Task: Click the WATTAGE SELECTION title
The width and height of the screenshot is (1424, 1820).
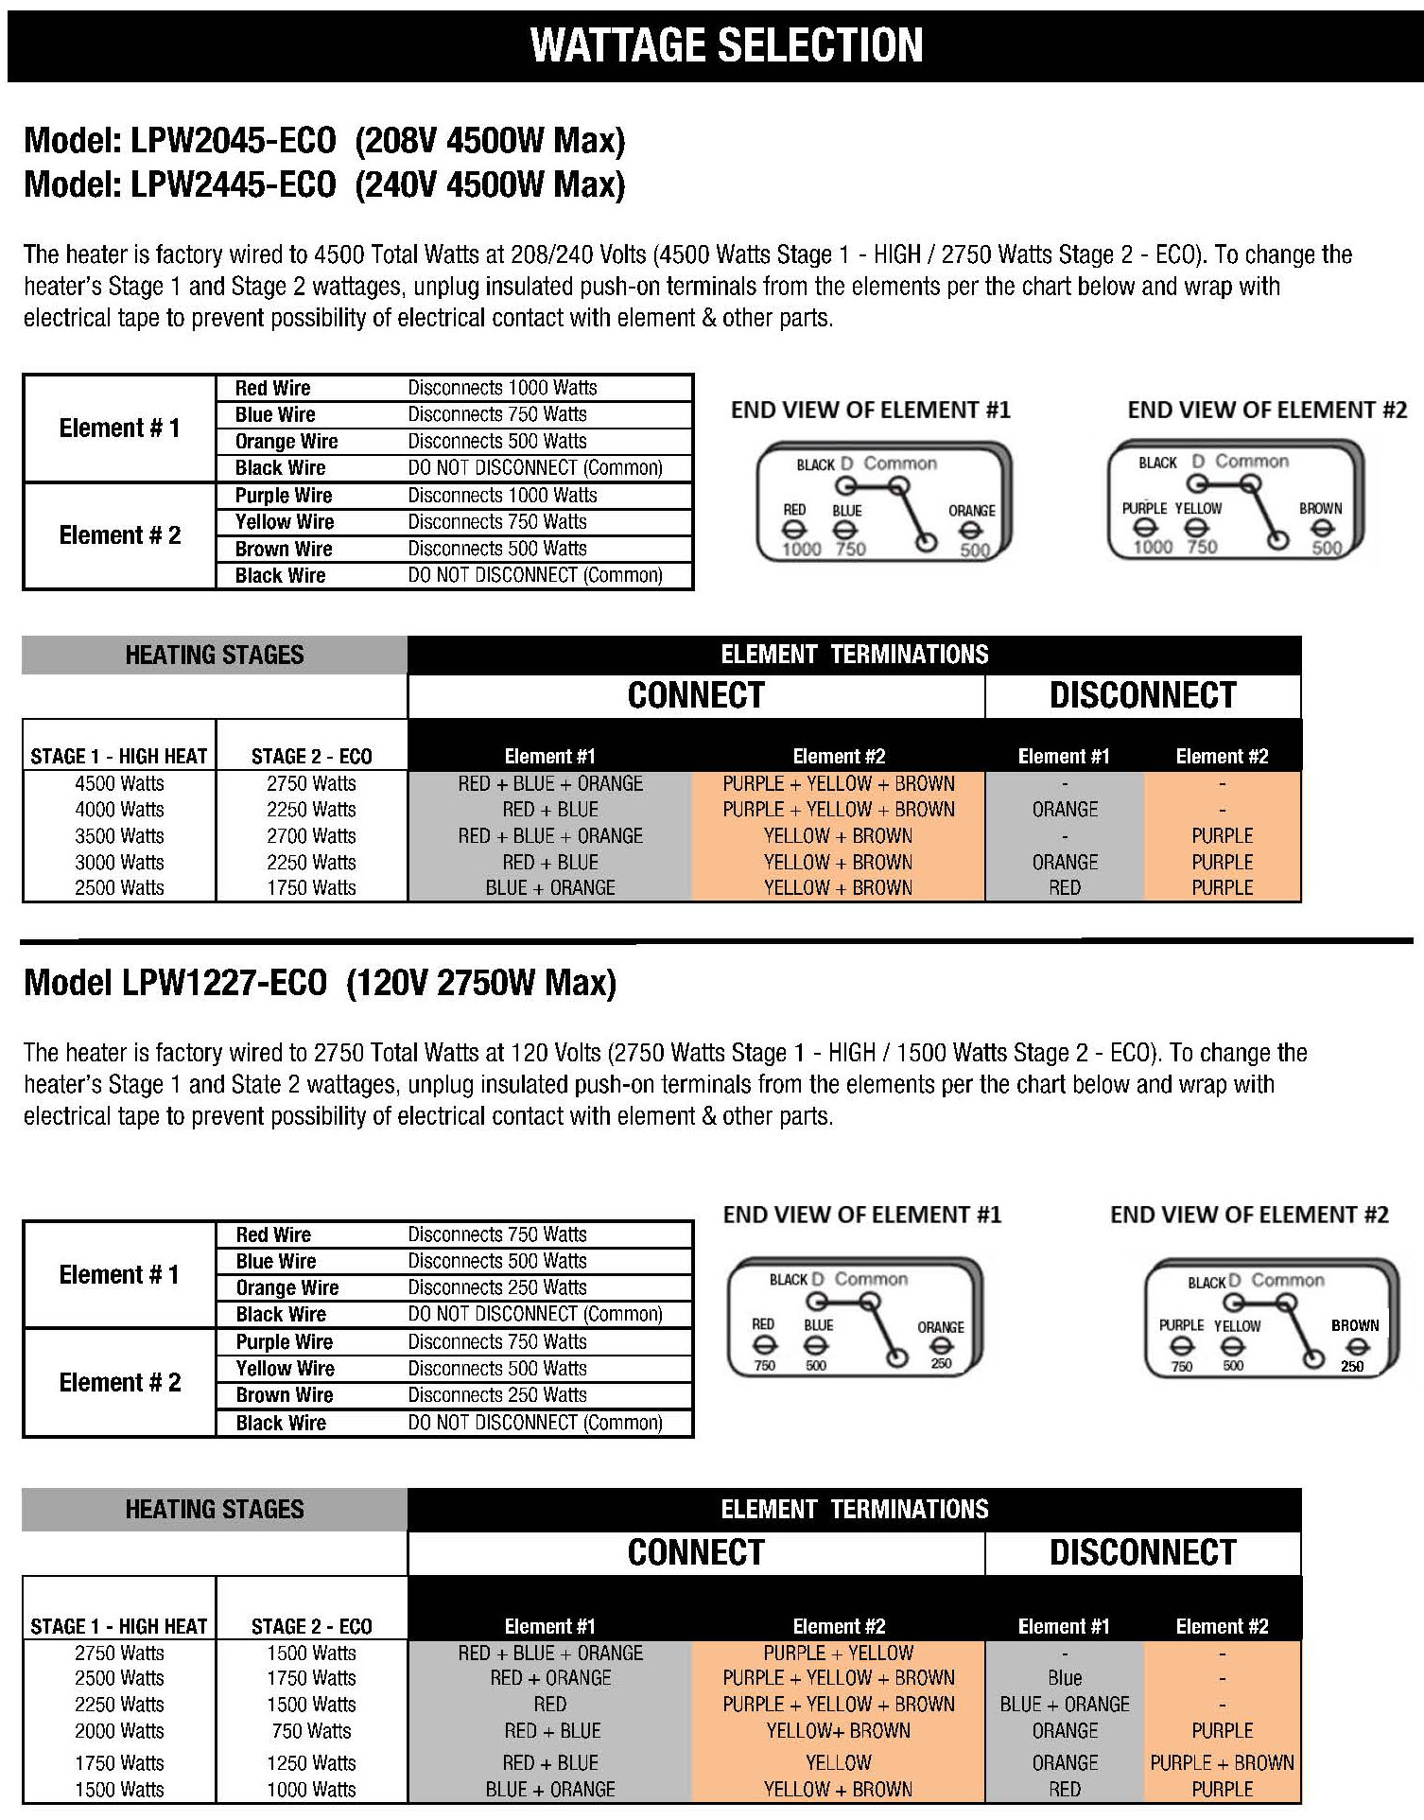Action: (x=726, y=45)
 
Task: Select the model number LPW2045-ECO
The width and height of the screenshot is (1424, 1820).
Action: (x=232, y=141)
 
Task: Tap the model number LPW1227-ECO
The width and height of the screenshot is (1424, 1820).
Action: (x=224, y=982)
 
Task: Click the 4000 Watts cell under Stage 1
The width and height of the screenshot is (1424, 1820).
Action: (x=119, y=810)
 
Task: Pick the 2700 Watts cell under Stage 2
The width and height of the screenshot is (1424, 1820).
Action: (x=311, y=836)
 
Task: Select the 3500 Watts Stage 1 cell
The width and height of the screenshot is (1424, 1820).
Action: (x=119, y=836)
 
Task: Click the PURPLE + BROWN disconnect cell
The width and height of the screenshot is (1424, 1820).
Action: (x=1222, y=1762)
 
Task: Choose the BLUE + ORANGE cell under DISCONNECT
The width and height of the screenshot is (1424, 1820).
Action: (x=1065, y=1704)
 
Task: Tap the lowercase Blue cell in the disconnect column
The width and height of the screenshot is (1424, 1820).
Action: (x=1065, y=1678)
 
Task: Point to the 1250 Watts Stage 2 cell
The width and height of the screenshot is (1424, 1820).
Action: (x=311, y=1762)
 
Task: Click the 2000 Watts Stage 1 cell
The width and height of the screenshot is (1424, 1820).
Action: (x=119, y=1730)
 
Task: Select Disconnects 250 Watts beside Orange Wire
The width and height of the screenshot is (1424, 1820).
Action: (x=497, y=1287)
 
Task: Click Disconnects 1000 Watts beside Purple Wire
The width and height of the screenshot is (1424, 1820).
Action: (x=502, y=495)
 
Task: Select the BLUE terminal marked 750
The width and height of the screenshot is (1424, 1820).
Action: (x=844, y=531)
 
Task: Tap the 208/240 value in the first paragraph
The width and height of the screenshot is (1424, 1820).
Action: (x=544, y=254)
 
